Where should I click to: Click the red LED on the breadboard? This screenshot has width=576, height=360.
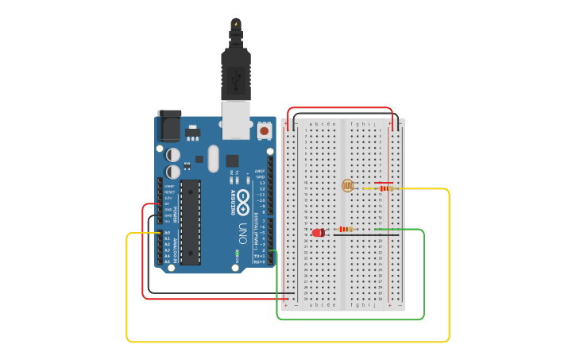tap(319, 233)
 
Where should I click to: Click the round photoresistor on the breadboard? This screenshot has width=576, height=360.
tap(347, 186)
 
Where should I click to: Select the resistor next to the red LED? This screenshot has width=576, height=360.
tap(346, 229)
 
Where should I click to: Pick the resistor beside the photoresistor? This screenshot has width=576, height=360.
tap(385, 188)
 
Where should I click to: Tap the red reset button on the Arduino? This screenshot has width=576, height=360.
tap(264, 130)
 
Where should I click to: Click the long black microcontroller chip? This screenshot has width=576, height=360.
tap(191, 223)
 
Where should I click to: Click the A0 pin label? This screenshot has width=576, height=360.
tap(167, 233)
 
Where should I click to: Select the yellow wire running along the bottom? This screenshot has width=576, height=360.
tap(286, 341)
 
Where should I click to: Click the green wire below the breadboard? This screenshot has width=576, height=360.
tap(350, 319)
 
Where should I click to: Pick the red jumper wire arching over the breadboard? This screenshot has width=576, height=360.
tap(340, 108)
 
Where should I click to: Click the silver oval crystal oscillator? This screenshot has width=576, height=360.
tap(212, 158)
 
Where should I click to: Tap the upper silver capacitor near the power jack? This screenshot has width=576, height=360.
tap(173, 156)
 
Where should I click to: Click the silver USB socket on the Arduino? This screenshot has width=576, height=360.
tap(236, 117)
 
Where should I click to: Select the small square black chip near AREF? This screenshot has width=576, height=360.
tap(233, 160)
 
